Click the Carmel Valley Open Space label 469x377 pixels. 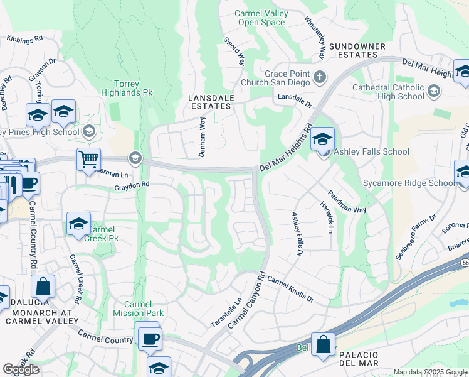260,18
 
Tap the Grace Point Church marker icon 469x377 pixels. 320,78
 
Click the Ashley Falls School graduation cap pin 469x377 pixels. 323,139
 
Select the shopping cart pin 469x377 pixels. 89,159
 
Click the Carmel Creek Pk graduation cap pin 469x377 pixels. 78,224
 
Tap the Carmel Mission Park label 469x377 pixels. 139,308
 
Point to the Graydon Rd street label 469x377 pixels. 132,185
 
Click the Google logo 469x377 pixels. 21,369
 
